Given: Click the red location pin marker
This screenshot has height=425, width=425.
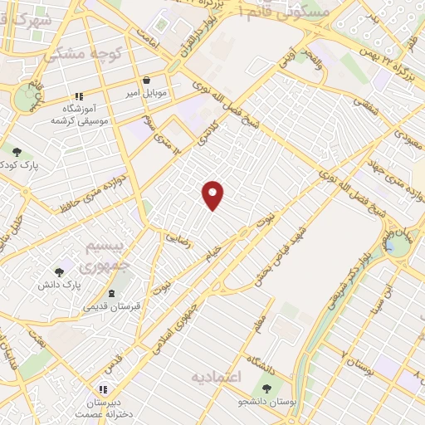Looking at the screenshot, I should click(213, 195).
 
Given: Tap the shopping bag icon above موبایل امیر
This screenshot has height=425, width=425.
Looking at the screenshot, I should click(147, 81).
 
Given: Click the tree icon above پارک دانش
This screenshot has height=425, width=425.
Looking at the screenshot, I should click(59, 272).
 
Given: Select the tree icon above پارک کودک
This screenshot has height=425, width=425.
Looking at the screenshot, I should click(17, 152).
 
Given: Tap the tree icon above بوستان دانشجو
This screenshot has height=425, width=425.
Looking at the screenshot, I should click(266, 388).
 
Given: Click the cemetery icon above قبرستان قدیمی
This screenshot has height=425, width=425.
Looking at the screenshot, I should click(112, 295).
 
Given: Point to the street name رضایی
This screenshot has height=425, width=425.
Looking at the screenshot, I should click(178, 237).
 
